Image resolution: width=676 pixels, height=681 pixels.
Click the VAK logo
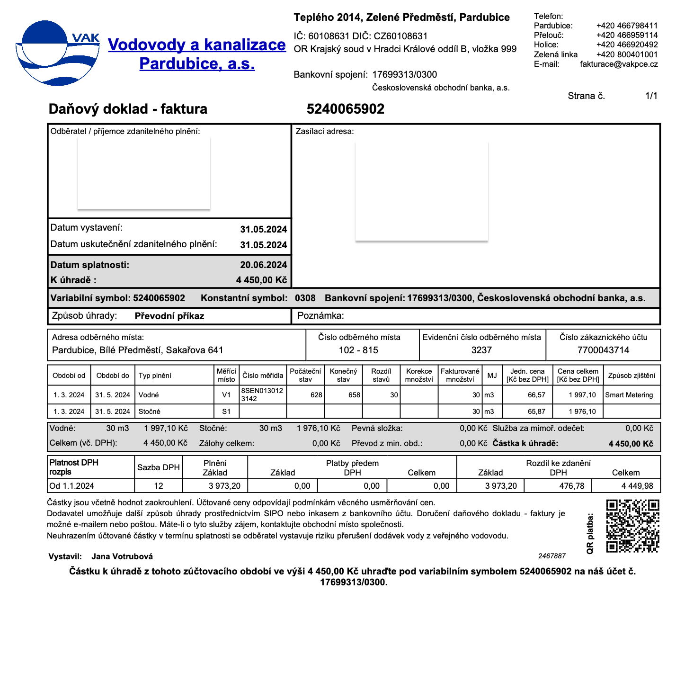click(x=58, y=53)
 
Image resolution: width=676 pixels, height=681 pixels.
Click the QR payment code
click(x=632, y=526)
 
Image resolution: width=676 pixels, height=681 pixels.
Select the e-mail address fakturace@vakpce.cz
click(x=619, y=64)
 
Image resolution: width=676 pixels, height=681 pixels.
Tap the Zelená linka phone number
click(x=627, y=54)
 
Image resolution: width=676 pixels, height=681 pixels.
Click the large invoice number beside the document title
click(x=345, y=109)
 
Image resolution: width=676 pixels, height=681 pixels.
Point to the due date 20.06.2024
click(x=263, y=265)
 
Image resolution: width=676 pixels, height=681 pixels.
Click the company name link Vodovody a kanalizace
click(x=197, y=45)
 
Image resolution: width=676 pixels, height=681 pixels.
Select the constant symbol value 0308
click(x=305, y=298)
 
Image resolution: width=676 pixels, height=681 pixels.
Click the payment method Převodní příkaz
click(x=169, y=316)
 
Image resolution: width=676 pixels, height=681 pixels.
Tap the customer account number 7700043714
click(x=603, y=350)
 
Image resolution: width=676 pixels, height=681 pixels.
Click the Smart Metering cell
click(x=629, y=395)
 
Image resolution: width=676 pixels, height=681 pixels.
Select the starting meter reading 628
click(x=316, y=395)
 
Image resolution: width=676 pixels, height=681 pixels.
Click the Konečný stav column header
click(x=343, y=375)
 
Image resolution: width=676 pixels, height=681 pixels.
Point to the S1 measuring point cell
click(x=226, y=412)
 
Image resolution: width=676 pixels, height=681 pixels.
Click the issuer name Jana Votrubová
click(x=122, y=556)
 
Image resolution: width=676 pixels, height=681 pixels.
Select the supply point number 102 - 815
click(x=358, y=350)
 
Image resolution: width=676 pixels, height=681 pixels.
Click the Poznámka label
click(x=320, y=316)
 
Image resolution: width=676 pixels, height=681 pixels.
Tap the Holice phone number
click(x=627, y=45)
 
